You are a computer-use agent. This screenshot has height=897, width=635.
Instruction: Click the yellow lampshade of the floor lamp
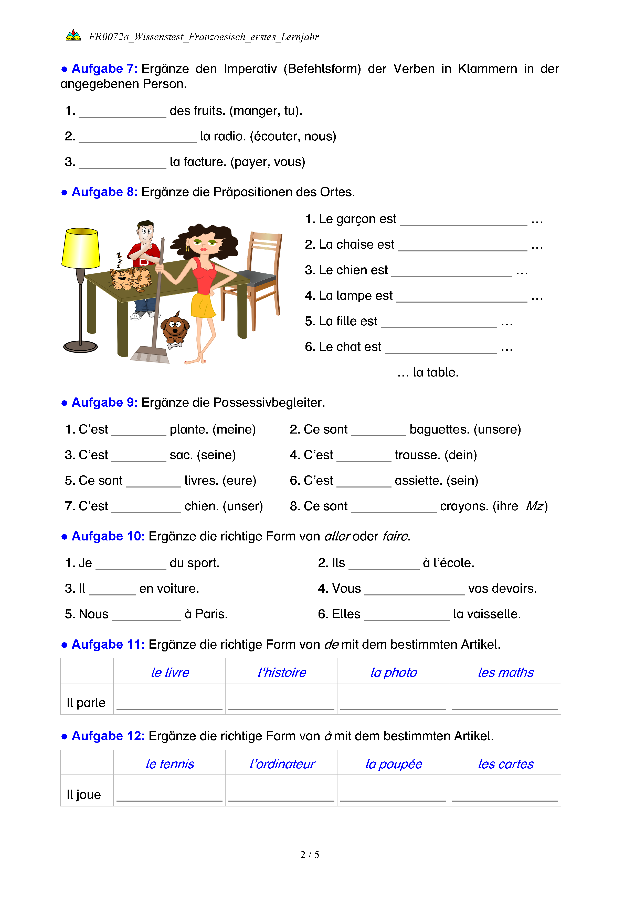(81, 248)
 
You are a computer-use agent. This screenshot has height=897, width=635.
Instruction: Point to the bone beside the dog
(175, 345)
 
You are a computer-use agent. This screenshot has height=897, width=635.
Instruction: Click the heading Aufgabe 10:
(108, 536)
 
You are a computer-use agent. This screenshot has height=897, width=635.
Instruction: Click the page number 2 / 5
(310, 855)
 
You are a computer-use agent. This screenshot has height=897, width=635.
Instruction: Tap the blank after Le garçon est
(463, 222)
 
